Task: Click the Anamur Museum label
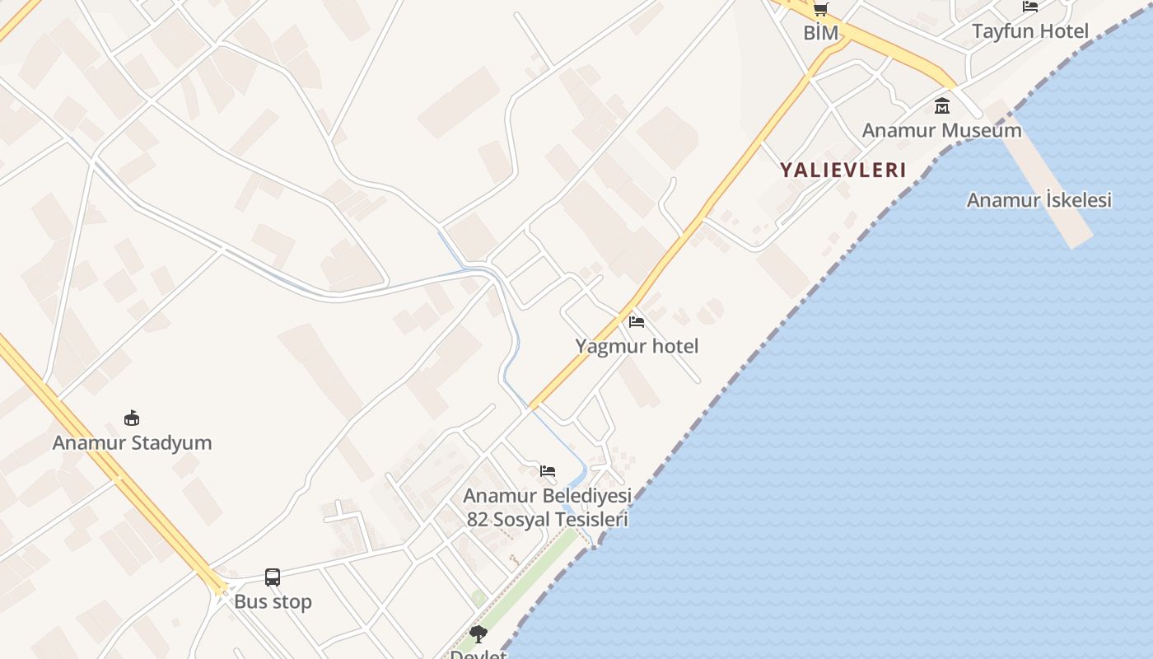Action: click(941, 130)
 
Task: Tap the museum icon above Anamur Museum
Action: click(942, 106)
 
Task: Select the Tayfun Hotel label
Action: click(1030, 31)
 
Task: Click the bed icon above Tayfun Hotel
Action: click(1030, 7)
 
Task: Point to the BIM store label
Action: click(821, 33)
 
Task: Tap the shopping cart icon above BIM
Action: click(820, 9)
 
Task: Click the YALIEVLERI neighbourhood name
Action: click(843, 171)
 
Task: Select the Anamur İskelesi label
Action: click(1039, 200)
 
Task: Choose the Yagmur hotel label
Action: click(637, 346)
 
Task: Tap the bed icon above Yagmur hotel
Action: click(636, 322)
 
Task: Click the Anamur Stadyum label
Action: click(132, 442)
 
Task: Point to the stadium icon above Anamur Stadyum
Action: click(131, 418)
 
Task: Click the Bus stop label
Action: click(273, 601)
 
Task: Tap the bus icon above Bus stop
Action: click(273, 577)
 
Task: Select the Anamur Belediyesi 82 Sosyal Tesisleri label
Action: click(548, 507)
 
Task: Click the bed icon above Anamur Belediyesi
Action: click(548, 471)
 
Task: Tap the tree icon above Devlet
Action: click(478, 634)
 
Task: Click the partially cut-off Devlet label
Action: click(478, 654)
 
